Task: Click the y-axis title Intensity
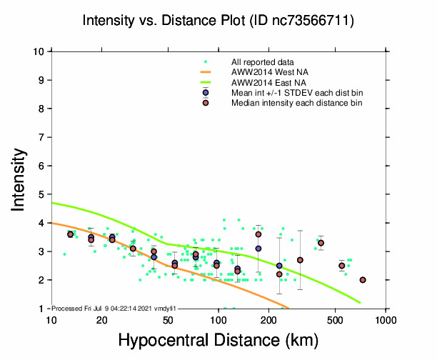22,179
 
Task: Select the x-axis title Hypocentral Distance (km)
218,341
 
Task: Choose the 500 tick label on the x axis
336,321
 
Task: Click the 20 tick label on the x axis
101,321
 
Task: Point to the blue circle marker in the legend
206,93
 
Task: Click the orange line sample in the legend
206,73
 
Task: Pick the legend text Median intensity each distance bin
296,103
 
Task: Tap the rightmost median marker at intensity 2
363,280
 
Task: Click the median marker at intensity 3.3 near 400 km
321,243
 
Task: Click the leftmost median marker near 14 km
70,234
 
